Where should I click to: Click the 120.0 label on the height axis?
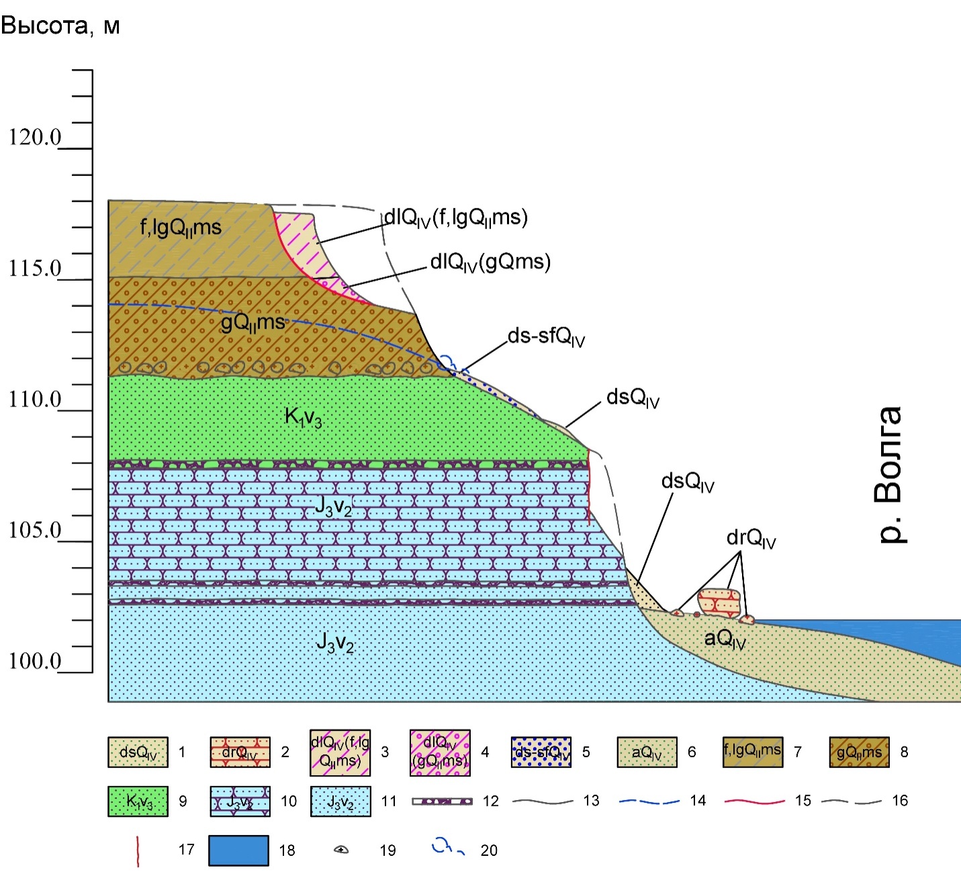click(x=35, y=138)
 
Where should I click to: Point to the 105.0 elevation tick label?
click(x=35, y=531)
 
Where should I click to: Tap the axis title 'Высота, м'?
click(x=60, y=26)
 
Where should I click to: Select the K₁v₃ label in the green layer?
click(x=304, y=418)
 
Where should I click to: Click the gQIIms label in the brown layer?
click(x=253, y=323)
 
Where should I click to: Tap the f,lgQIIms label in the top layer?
click(x=181, y=228)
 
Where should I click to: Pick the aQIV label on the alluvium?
click(x=725, y=638)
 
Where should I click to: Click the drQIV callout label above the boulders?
click(x=751, y=539)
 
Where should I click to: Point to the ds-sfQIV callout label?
click(x=546, y=336)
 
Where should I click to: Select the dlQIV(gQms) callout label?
click(x=490, y=262)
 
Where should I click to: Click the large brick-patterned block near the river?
click(x=719, y=603)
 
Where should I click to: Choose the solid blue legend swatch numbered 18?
click(x=238, y=850)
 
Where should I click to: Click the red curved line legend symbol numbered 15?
click(x=755, y=801)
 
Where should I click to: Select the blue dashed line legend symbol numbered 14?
click(x=649, y=801)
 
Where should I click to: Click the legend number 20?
click(x=489, y=850)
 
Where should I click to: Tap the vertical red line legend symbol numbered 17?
click(x=138, y=850)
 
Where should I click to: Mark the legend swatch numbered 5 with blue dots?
click(x=541, y=752)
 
